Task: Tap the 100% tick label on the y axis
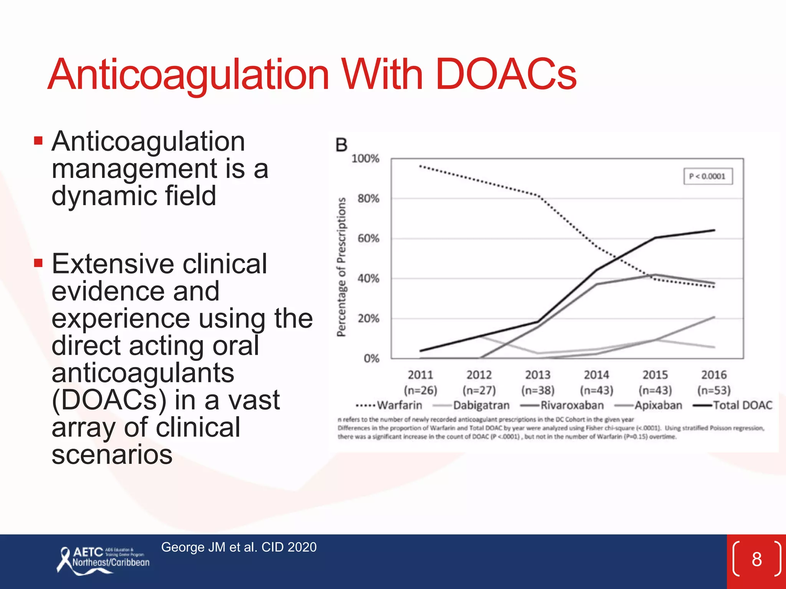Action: pos(365,159)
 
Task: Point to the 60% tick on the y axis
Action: pos(368,239)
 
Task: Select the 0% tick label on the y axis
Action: pos(371,359)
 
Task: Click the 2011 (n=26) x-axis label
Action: pos(420,382)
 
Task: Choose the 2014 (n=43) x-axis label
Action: pos(596,382)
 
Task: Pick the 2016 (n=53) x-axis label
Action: pos(714,382)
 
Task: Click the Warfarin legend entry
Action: pos(389,405)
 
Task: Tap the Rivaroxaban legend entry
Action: pos(562,405)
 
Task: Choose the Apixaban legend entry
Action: pos(649,405)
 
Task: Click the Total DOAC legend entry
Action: pos(733,405)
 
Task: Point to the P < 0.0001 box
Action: pos(708,176)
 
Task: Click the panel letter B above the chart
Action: pos(341,145)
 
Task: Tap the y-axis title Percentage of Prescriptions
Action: pos(341,267)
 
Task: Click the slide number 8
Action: pos(756,559)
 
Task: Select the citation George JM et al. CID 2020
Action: pos(239,547)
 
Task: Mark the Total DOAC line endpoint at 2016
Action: pos(714,230)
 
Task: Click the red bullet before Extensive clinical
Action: pos(38,263)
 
